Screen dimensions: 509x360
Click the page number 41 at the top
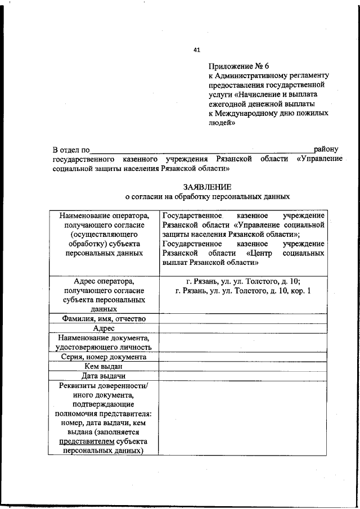tap(197, 49)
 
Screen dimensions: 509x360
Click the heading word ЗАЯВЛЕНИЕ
tap(207, 186)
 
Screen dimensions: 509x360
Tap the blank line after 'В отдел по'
tap(202, 150)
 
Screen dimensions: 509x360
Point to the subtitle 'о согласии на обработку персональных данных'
tap(207, 197)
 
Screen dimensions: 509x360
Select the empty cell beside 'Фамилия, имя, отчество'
tap(243, 319)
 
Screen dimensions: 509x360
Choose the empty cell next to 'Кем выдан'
tap(243, 366)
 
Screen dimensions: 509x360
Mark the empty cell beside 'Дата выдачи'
tap(243, 376)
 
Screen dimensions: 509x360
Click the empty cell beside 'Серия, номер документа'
tap(243, 357)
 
